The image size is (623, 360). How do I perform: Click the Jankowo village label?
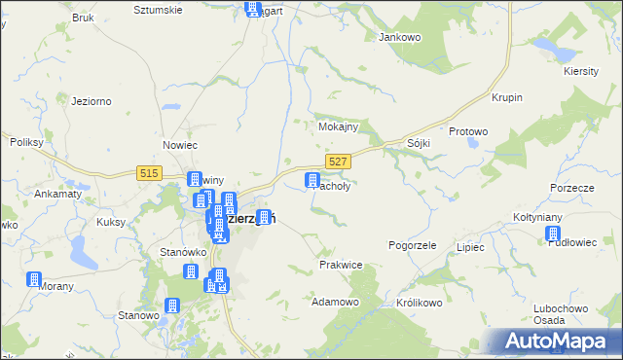(398, 37)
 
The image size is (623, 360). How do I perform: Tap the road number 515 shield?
(149, 172)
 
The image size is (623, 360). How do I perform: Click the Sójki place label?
(419, 143)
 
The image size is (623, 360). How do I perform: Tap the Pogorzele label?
(413, 247)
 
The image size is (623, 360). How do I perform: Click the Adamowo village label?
(335, 303)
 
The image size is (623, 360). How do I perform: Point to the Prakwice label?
(341, 265)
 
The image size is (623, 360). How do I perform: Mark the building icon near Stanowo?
(172, 305)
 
